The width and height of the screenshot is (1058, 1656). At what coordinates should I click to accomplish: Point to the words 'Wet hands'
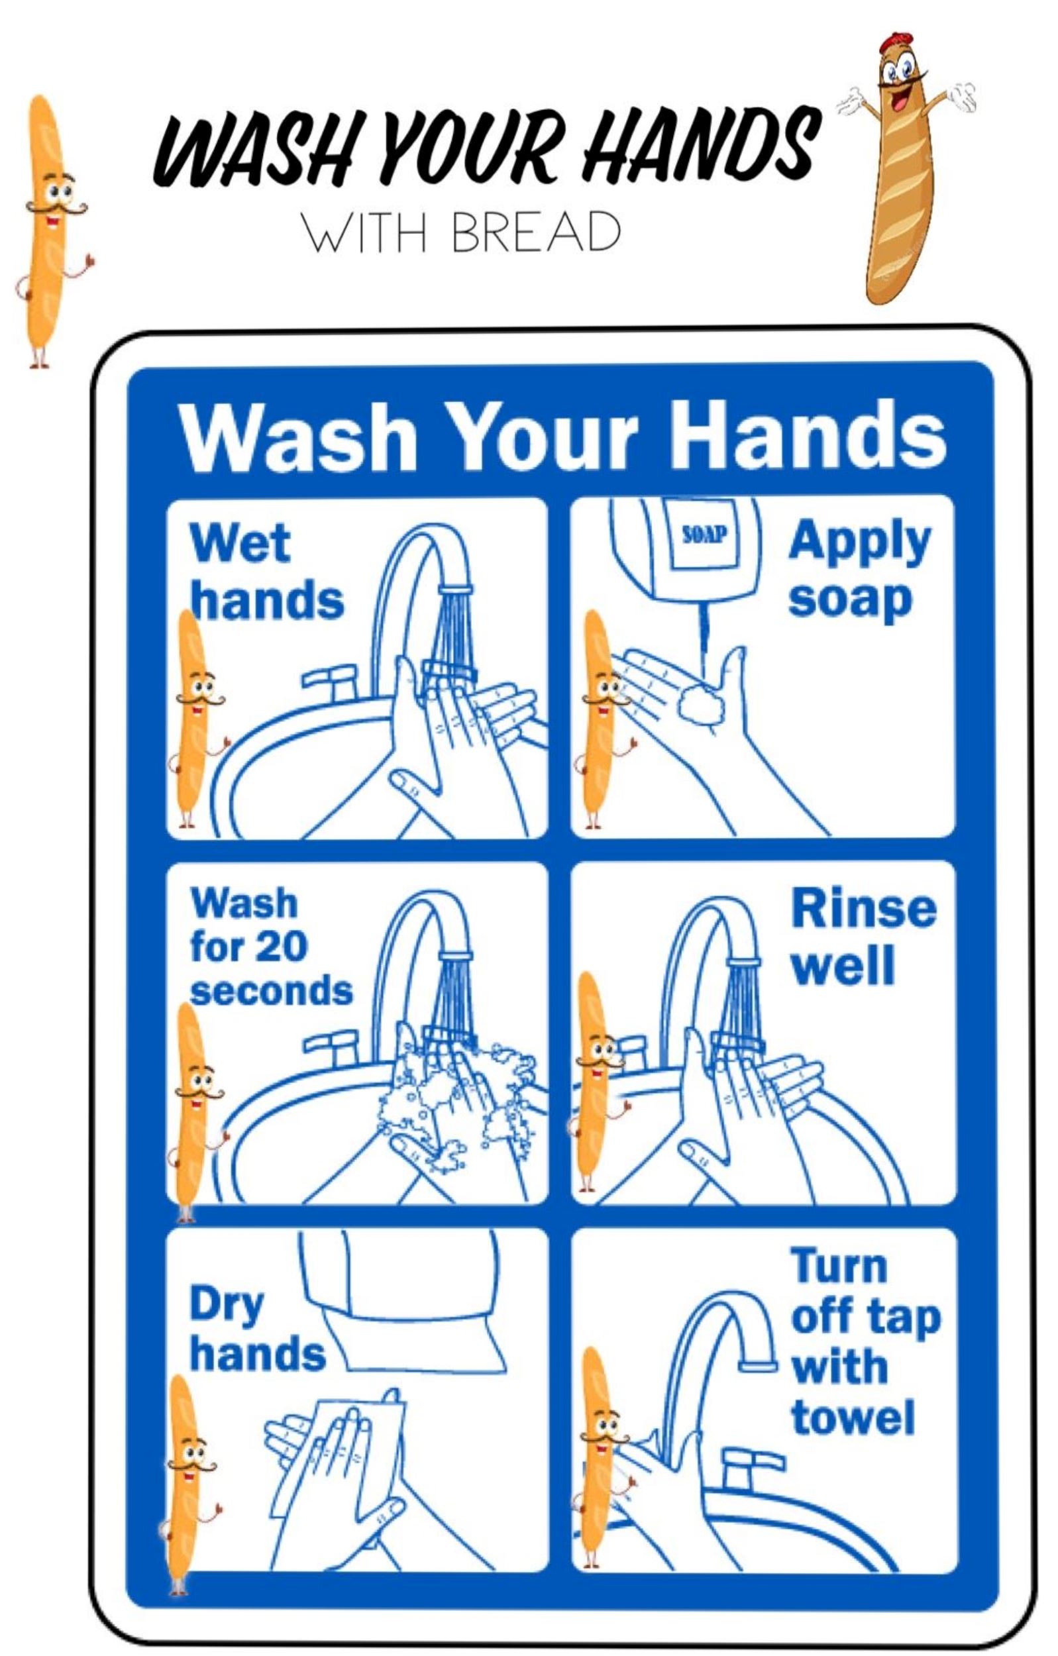(266, 570)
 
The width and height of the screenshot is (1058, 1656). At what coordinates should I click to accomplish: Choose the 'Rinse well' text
(863, 936)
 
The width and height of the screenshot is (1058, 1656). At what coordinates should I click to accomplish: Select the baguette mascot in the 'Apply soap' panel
(602, 719)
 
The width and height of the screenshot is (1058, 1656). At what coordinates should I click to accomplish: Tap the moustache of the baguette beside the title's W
(57, 206)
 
